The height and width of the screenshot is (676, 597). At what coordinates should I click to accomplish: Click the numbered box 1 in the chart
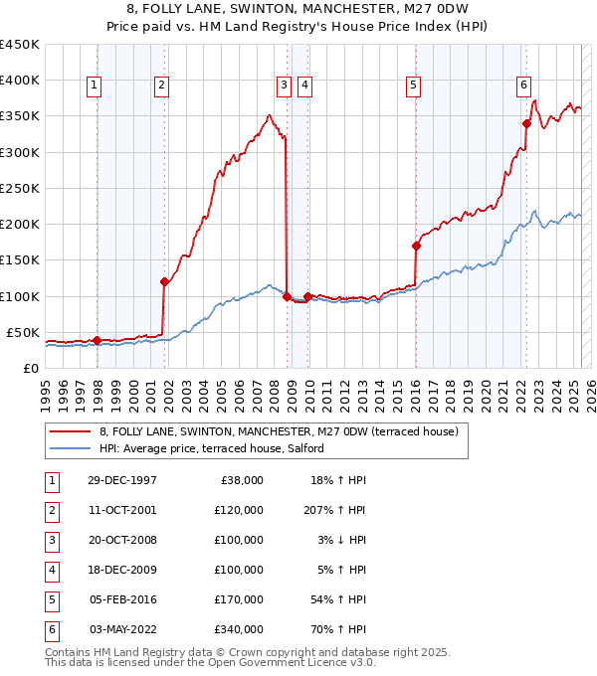[94, 85]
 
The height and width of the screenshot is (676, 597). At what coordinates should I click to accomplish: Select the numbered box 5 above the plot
[412, 85]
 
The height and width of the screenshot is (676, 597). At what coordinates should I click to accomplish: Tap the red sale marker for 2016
[416, 246]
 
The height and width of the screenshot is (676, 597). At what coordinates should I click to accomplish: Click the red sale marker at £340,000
[526, 123]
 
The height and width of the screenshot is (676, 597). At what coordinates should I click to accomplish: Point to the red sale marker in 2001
[165, 281]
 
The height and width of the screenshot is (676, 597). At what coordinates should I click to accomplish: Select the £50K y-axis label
[22, 332]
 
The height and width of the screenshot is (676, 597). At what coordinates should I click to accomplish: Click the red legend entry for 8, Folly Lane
[279, 431]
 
